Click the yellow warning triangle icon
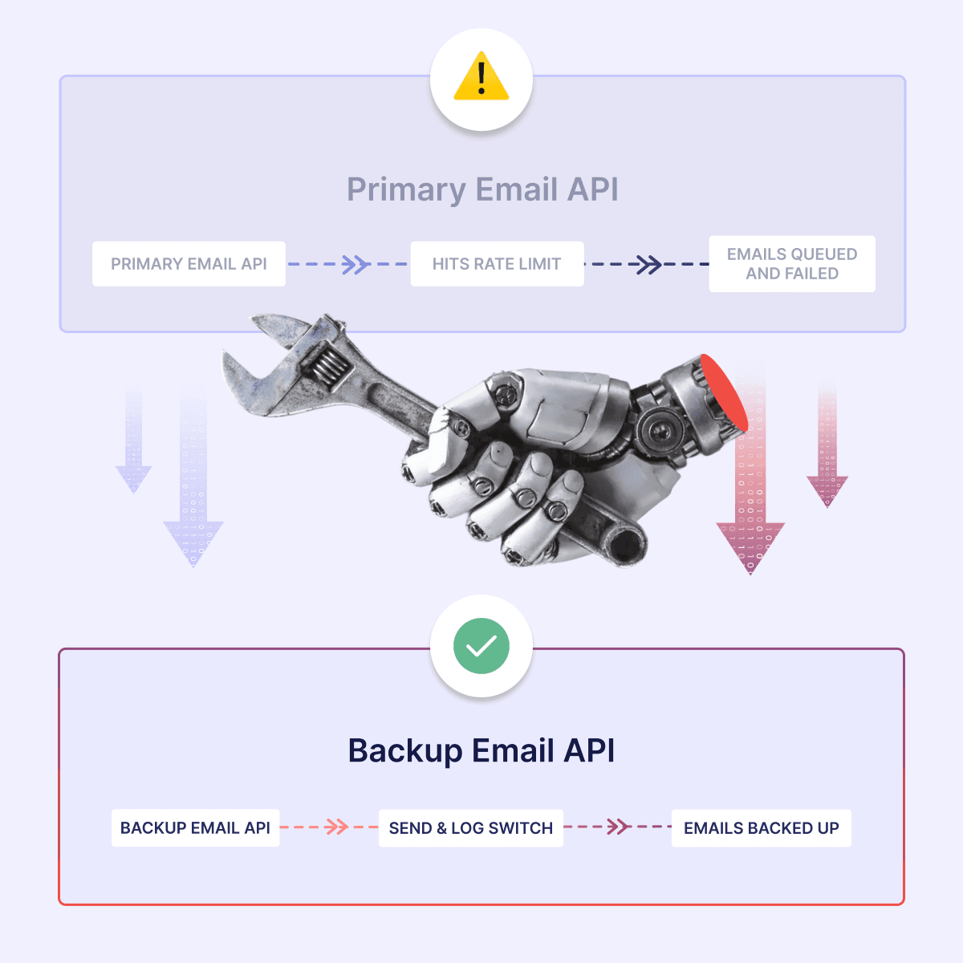click(481, 78)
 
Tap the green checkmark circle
click(481, 646)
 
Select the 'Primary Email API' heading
click(482, 189)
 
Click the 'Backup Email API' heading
click(481, 750)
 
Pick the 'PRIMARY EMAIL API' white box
click(189, 264)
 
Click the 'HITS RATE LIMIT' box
click(497, 264)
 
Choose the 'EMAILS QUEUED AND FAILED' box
click(792, 264)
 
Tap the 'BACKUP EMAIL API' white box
click(195, 828)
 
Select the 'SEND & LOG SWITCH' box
click(470, 828)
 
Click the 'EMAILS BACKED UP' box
click(761, 828)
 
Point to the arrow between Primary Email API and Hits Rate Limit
click(354, 264)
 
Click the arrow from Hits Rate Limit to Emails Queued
click(647, 264)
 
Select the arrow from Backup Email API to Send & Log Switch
click(335, 827)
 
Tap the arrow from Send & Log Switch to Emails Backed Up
click(617, 827)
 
